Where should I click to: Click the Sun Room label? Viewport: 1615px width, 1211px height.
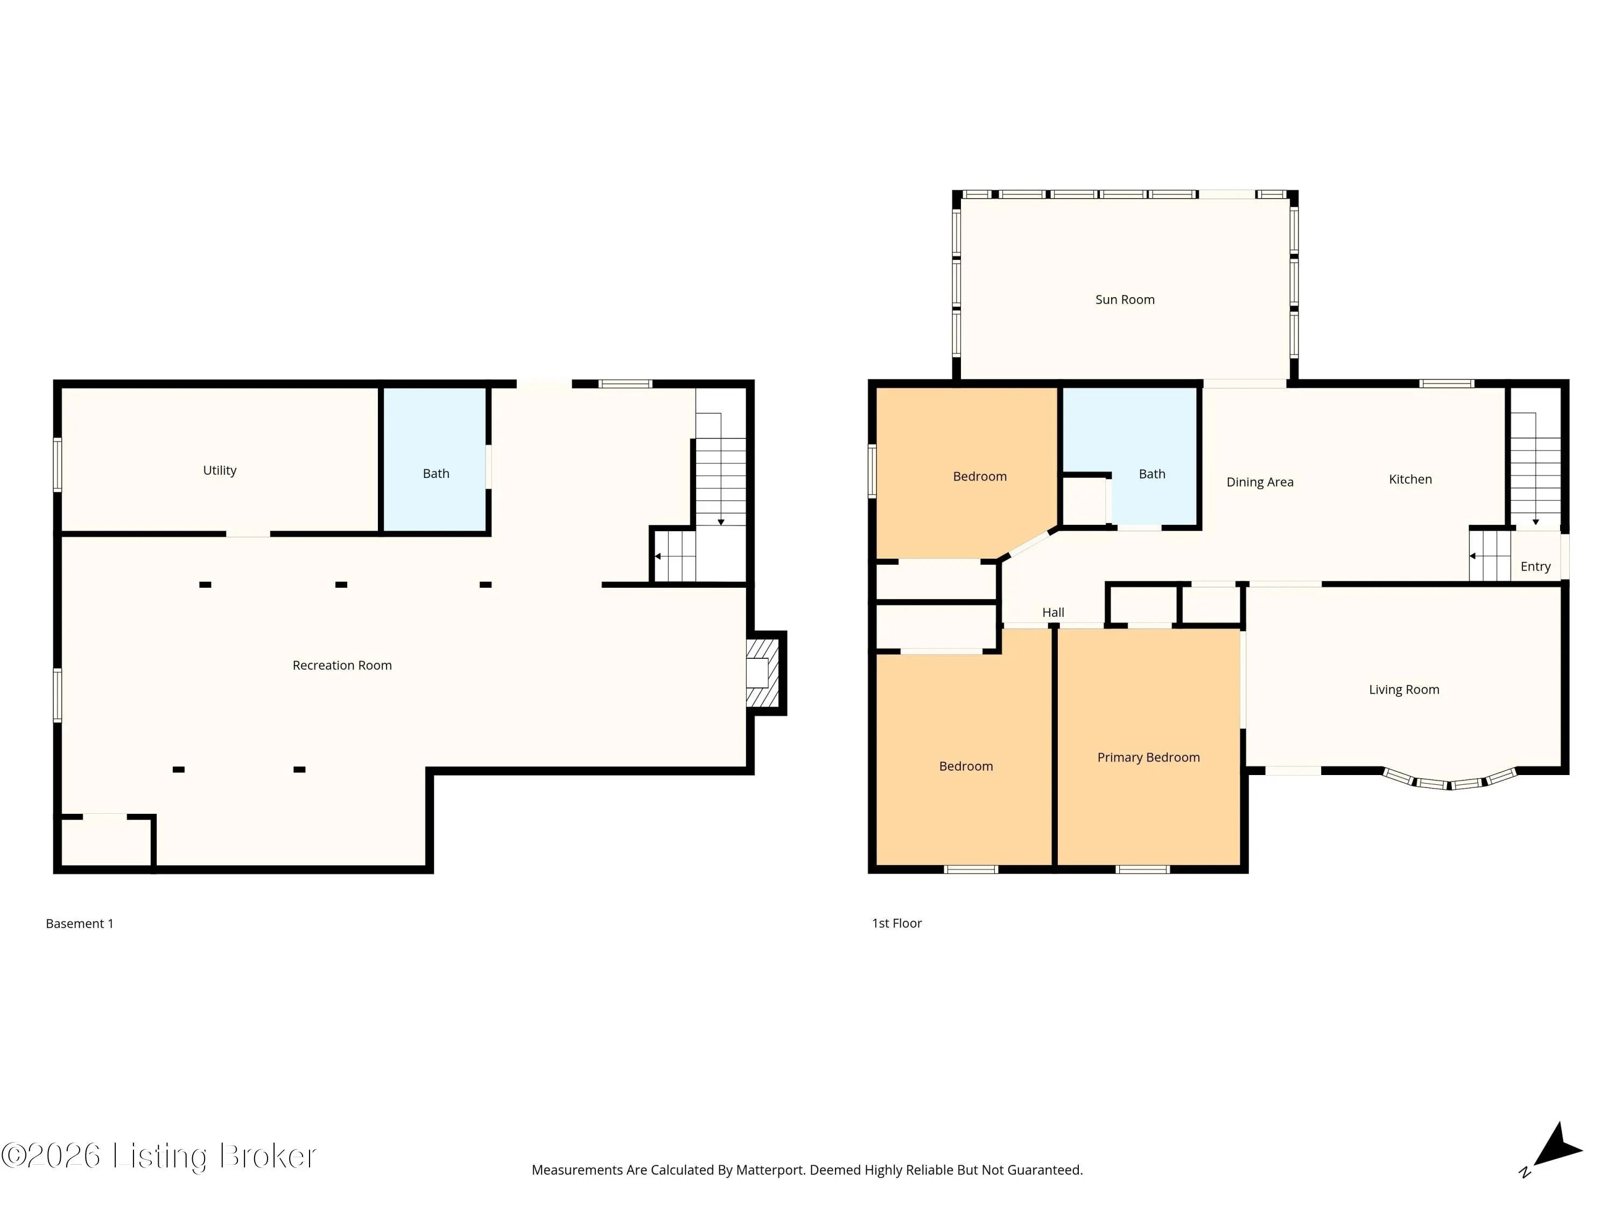pos(1125,299)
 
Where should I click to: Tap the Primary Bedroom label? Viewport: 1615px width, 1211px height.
pos(1148,757)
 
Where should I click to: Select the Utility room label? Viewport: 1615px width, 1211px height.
pos(220,470)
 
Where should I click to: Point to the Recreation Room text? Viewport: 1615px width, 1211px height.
pos(342,665)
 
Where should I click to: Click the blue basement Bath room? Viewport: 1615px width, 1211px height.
pos(436,460)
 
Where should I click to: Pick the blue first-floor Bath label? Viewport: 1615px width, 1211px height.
pos(1152,474)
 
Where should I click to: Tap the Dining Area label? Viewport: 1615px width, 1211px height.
pos(1260,482)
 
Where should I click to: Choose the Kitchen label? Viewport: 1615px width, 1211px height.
pos(1410,479)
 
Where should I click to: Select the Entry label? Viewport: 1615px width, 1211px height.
pos(1535,566)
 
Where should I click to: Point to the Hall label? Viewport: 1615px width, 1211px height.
pos(1053,612)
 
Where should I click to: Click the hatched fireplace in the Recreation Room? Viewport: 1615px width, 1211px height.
pos(763,673)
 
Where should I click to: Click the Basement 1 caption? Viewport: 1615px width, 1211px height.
pos(80,924)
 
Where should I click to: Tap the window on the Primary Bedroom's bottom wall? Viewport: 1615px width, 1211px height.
pos(1143,869)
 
